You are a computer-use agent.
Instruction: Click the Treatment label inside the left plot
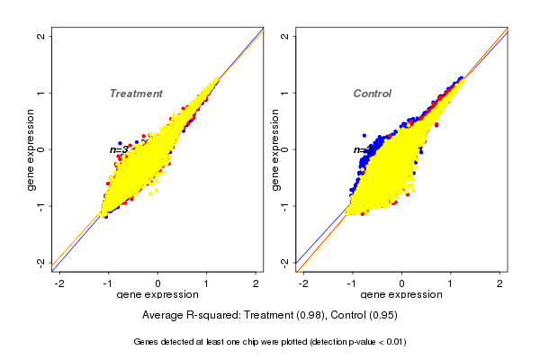point(136,94)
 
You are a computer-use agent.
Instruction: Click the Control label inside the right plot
point(373,94)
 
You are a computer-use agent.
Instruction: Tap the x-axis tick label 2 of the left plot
point(256,283)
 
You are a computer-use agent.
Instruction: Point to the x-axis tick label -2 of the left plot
point(59,283)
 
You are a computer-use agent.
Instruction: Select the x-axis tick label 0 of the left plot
point(158,283)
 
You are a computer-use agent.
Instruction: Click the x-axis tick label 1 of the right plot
point(451,283)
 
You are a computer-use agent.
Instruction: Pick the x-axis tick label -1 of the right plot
point(352,283)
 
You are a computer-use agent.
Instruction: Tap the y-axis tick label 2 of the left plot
point(40,36)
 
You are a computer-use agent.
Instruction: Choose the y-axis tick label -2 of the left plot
point(40,262)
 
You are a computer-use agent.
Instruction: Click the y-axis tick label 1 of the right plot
point(284,93)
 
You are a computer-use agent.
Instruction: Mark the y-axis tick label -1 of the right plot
point(284,206)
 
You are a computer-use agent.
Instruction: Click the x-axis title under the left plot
point(157,295)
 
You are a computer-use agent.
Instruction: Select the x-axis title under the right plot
point(401,295)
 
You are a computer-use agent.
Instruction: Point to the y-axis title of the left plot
point(31,149)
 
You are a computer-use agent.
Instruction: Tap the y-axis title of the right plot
point(274,149)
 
